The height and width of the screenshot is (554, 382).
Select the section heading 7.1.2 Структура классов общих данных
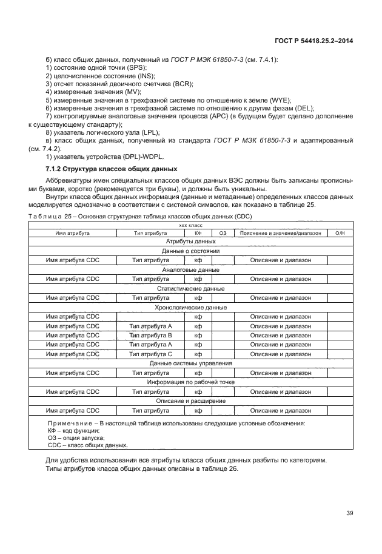click(x=112, y=168)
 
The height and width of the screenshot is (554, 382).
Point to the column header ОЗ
click(x=223, y=233)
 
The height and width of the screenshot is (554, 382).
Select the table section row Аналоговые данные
click(x=190, y=270)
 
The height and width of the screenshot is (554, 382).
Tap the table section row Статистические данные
click(x=190, y=289)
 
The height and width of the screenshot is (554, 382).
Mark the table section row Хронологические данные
click(x=190, y=308)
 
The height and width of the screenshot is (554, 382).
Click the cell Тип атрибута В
click(x=151, y=336)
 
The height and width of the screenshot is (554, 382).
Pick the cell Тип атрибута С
click(x=151, y=354)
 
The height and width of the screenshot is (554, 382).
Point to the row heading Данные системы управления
click(x=190, y=363)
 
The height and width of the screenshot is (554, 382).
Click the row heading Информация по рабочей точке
click(x=190, y=382)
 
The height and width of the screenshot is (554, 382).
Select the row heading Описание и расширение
click(x=190, y=401)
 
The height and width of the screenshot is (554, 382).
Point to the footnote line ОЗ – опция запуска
click(x=76, y=437)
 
